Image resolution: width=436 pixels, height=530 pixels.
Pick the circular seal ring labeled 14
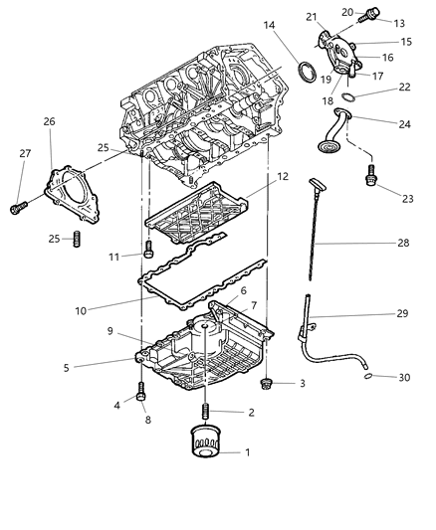click(311, 72)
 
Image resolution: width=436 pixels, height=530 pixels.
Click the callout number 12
click(282, 176)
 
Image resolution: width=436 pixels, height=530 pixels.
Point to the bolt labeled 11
click(147, 249)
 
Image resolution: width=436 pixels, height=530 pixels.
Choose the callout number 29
click(402, 314)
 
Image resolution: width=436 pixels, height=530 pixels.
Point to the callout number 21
click(339, 18)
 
